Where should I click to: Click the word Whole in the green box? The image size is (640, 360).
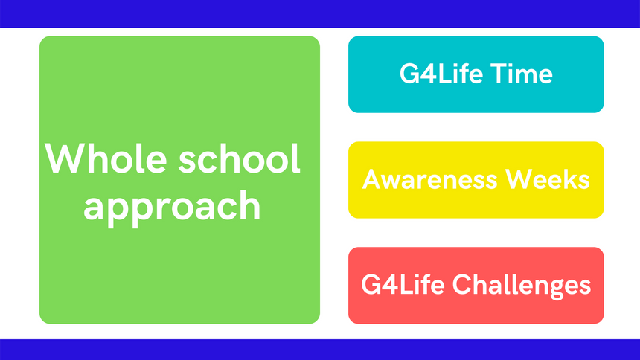pyautogui.click(x=106, y=158)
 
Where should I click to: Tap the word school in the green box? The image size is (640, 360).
pyautogui.click(x=240, y=158)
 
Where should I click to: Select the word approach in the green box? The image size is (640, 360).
pyautogui.click(x=172, y=207)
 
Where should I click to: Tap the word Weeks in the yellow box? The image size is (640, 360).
pyautogui.click(x=547, y=179)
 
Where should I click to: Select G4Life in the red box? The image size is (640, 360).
pyautogui.click(x=403, y=284)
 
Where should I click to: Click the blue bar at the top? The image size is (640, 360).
pyautogui.click(x=320, y=13)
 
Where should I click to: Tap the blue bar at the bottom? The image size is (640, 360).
pyautogui.click(x=320, y=350)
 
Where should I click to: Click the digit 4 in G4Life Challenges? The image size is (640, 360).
pyautogui.click(x=390, y=284)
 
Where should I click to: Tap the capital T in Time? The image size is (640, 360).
pyautogui.click(x=498, y=74)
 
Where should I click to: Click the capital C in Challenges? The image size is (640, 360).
pyautogui.click(x=462, y=284)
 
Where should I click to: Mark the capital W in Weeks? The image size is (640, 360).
pyautogui.click(x=519, y=179)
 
